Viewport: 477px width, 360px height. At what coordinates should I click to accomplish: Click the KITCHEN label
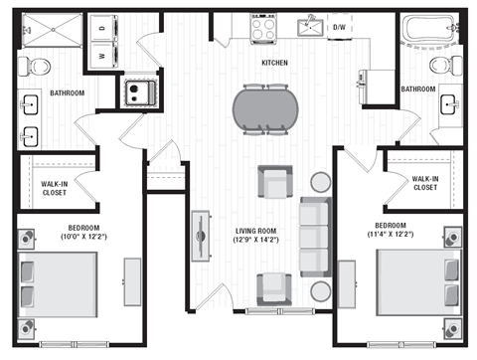(x=275, y=63)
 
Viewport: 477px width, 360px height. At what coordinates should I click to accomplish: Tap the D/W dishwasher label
(x=339, y=27)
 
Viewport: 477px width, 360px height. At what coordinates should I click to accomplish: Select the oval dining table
(x=265, y=107)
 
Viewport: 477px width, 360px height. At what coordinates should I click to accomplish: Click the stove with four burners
(x=263, y=28)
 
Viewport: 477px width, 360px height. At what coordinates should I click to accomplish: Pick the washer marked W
(x=102, y=57)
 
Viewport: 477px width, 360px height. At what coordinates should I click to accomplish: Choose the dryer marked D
(x=102, y=29)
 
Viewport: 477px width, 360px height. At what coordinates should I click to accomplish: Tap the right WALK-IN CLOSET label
(x=424, y=183)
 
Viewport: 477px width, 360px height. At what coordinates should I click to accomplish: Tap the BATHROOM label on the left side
(x=65, y=93)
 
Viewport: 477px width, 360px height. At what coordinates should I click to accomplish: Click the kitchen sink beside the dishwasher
(x=311, y=27)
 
